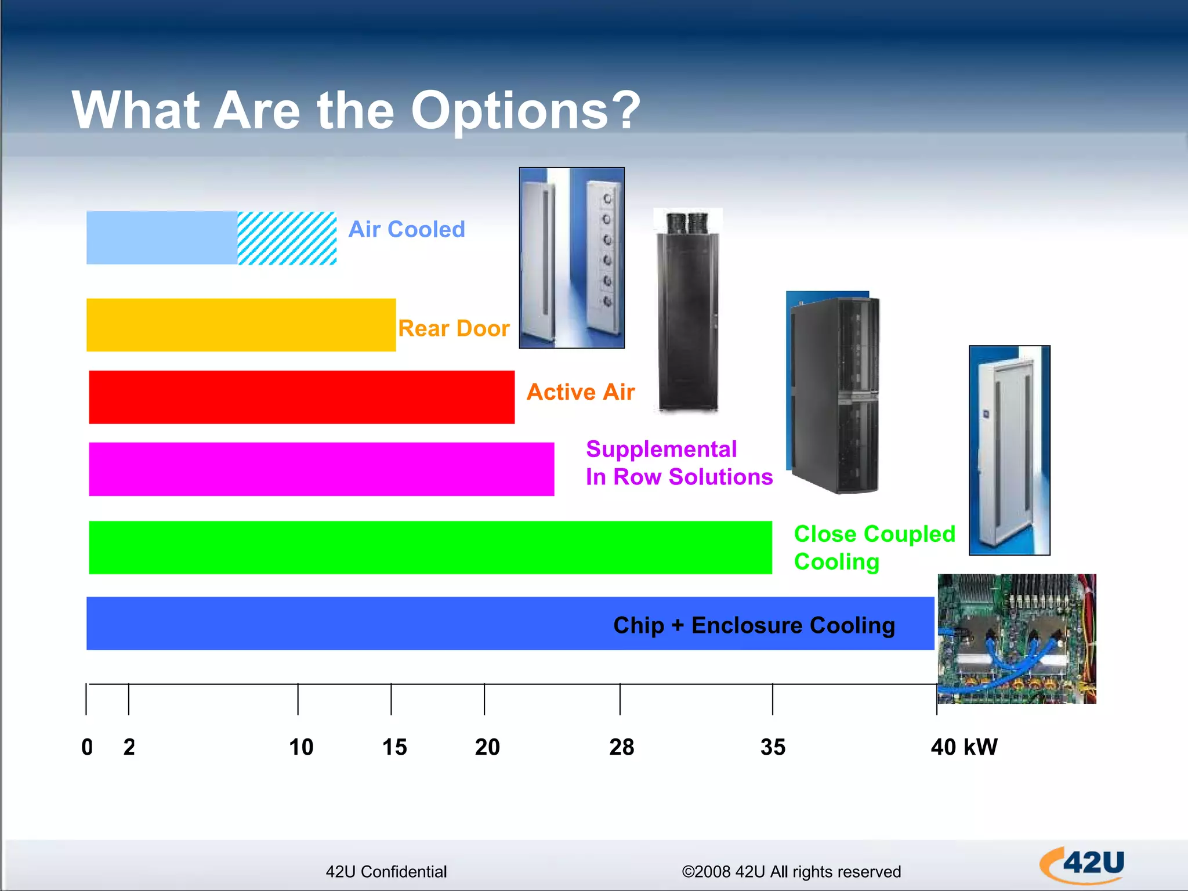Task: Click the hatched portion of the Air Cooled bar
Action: pos(287,238)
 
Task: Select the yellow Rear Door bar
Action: pos(241,325)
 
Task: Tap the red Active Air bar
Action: pos(302,397)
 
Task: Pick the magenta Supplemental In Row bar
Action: pos(321,469)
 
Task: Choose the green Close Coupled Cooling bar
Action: pos(430,547)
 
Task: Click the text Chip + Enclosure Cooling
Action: pos(754,625)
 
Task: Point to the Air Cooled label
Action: pos(406,230)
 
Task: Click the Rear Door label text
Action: pos(453,329)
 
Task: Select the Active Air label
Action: pos(580,392)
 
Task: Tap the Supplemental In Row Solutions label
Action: pos(679,463)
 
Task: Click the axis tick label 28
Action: pos(621,747)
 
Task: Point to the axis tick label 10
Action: pos(300,747)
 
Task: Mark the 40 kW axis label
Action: pos(964,747)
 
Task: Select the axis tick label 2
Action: pos(129,747)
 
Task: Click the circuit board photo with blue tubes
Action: pos(1016,639)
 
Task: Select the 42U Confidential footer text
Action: pos(386,872)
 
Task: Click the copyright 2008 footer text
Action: pos(791,872)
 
